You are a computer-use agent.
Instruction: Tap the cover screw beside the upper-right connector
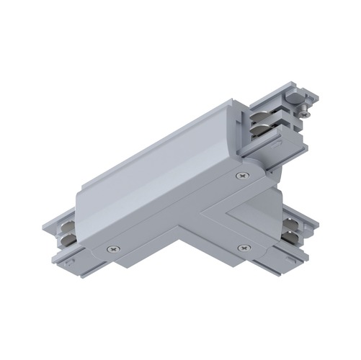pyautogui.click(x=240, y=175)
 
